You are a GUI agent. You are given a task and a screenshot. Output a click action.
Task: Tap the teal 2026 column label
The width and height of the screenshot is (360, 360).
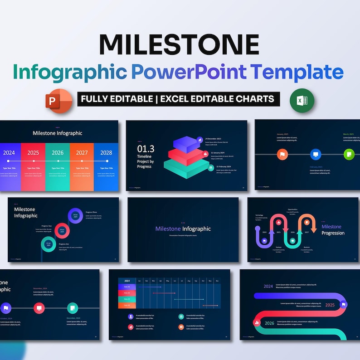point(58,153)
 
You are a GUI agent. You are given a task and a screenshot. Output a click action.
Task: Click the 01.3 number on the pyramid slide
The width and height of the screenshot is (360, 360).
point(146,148)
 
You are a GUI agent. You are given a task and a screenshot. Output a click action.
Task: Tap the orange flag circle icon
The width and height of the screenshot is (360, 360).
point(282,155)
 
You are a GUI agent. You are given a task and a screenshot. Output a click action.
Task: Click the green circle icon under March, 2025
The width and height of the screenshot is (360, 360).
point(349,154)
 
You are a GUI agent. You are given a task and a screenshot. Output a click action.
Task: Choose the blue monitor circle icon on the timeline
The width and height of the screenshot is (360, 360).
point(316,155)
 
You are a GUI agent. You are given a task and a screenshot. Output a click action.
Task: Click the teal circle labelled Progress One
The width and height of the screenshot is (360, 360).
point(48,244)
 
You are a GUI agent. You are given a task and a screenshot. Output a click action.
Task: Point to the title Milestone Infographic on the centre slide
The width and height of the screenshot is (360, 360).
point(183,229)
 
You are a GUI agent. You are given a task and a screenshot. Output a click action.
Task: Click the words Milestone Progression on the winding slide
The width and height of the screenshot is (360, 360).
point(333,230)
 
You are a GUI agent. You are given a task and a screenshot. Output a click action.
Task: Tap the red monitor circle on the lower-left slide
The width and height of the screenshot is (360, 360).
point(39,308)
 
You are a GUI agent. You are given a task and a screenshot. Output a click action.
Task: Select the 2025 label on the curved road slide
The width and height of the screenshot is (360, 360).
point(330,305)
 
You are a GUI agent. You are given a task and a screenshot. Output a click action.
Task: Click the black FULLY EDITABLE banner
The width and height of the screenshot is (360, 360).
point(178,99)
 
